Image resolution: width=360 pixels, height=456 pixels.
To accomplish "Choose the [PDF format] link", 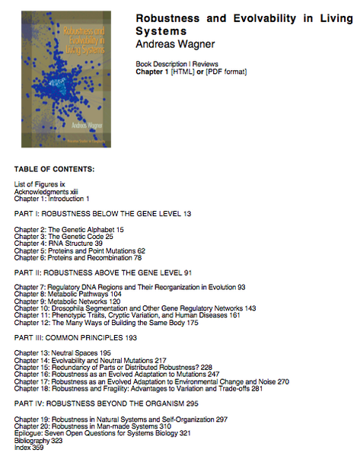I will click(x=226, y=72).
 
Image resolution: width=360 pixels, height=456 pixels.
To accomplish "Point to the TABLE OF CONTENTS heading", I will click(x=54, y=168).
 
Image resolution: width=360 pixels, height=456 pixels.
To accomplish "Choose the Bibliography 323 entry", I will click(x=39, y=440).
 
